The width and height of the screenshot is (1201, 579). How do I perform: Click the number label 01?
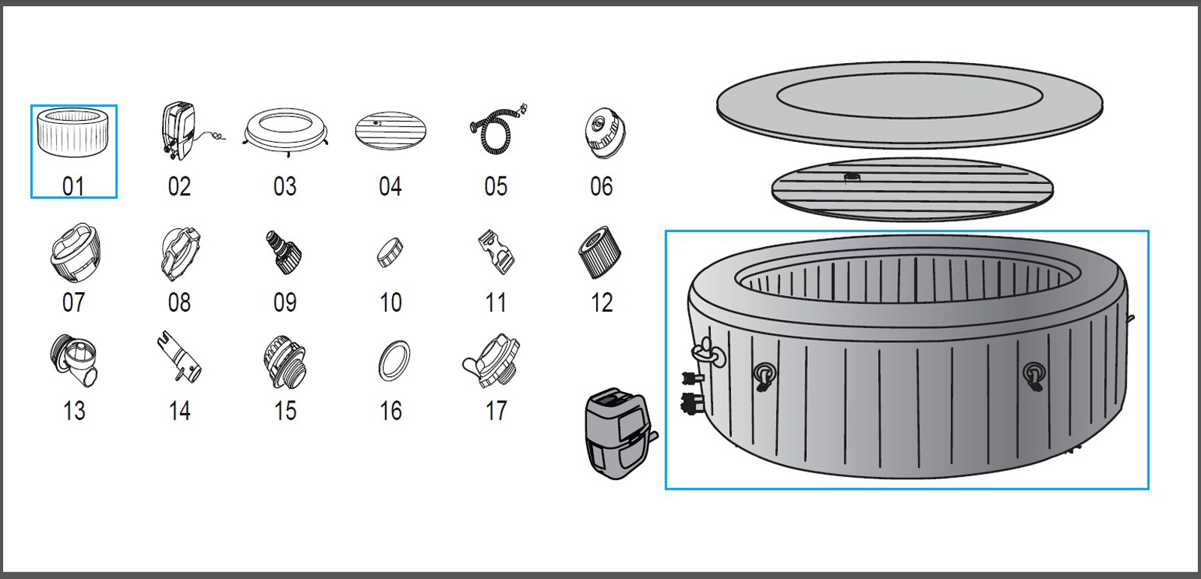(x=74, y=186)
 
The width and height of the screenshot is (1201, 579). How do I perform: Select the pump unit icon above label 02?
(x=179, y=131)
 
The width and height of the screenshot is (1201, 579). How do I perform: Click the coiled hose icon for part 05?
(x=495, y=132)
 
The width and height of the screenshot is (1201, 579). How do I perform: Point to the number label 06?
(x=601, y=186)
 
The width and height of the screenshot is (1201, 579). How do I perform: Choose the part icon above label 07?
(x=74, y=252)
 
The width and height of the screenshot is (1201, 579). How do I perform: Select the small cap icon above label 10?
(x=390, y=252)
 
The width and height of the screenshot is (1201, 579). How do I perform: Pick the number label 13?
(x=74, y=412)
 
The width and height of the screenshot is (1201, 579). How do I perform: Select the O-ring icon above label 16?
(x=394, y=361)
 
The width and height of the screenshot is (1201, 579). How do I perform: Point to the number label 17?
(x=496, y=412)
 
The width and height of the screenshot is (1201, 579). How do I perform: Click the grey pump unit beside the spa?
(x=617, y=434)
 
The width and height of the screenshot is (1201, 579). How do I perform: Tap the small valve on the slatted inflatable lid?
(x=853, y=178)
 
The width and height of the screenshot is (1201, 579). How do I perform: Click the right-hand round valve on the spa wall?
(x=1034, y=373)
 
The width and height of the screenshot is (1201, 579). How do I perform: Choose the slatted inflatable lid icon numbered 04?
(x=390, y=131)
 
